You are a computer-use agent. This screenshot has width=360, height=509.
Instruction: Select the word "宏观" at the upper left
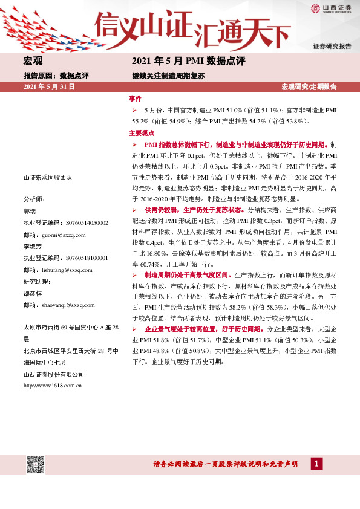point(33,61)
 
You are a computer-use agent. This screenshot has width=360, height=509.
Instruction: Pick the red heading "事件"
point(135,98)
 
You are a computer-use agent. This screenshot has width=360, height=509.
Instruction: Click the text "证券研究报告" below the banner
point(332,46)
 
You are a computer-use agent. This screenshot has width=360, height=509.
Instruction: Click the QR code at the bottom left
point(36,465)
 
